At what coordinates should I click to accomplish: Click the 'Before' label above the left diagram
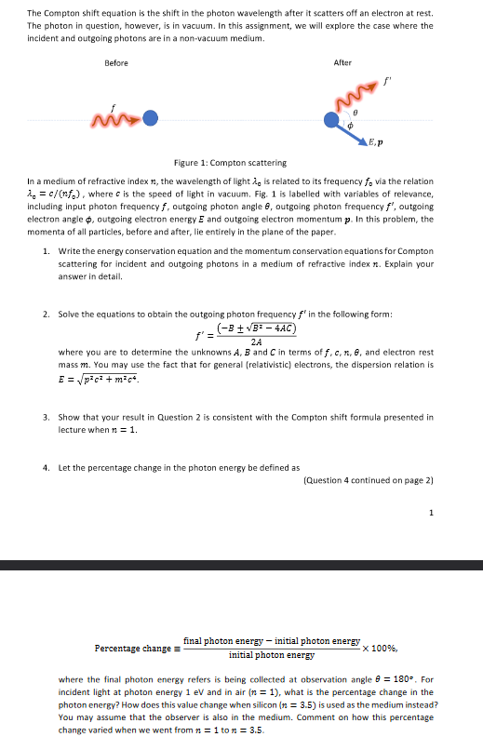tap(116, 62)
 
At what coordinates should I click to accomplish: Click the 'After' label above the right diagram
tap(342, 62)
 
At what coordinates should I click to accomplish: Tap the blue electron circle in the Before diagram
tap(150, 118)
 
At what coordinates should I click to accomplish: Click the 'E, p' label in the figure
tap(377, 143)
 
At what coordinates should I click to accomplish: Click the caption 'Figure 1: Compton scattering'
tap(231, 163)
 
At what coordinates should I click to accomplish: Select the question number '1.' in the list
tap(46, 253)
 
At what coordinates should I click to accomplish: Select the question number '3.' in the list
tap(46, 417)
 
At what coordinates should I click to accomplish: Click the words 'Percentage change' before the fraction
tap(133, 648)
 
